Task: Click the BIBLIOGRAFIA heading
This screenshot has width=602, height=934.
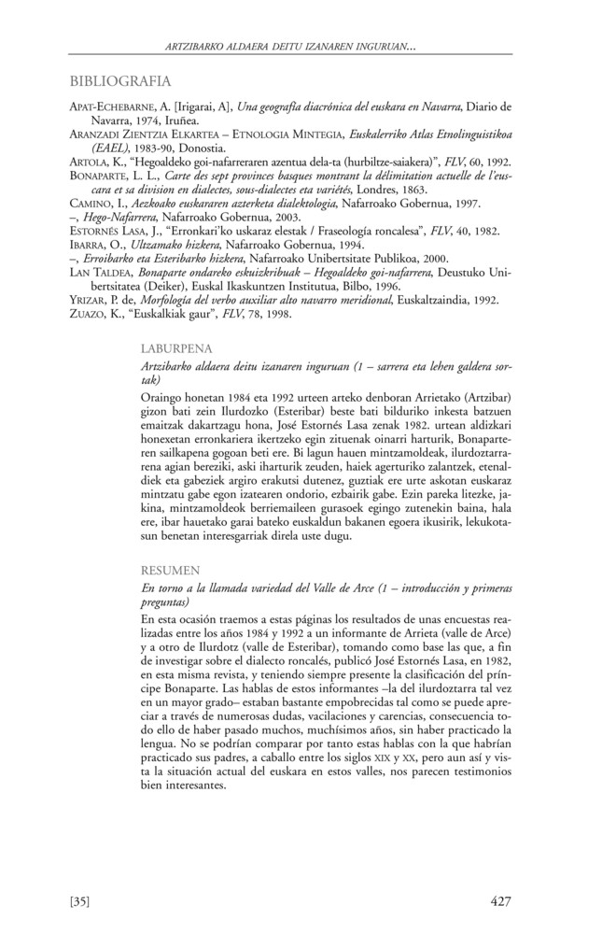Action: click(x=120, y=81)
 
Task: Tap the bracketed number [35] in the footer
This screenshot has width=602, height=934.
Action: click(x=79, y=901)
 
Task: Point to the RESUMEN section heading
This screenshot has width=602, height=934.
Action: click(x=167, y=567)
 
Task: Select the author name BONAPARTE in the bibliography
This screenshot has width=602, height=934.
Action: click(x=102, y=176)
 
